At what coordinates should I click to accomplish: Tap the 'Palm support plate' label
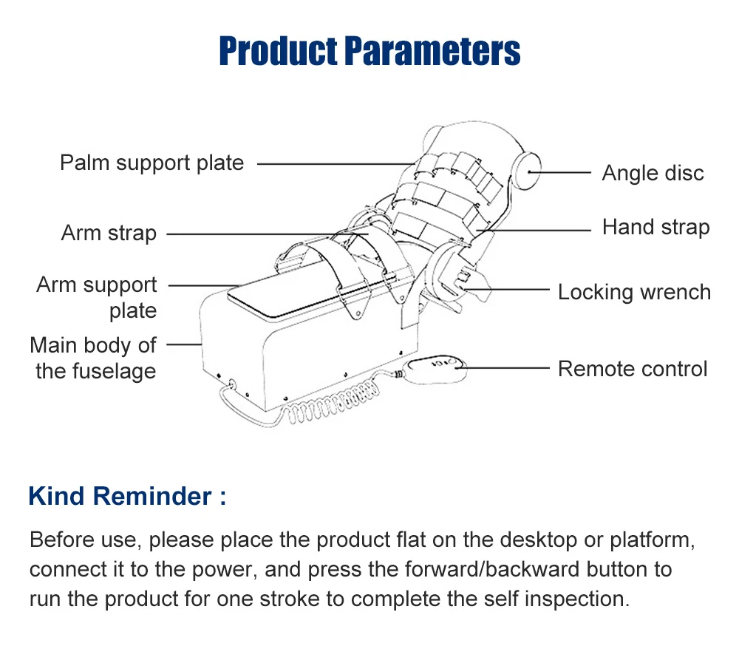click(x=151, y=162)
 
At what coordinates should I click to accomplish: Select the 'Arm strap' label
click(x=109, y=233)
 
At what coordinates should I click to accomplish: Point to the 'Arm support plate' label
click(x=97, y=297)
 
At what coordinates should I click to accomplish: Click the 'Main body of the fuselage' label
click(x=93, y=358)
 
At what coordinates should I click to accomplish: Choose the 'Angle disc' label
click(x=653, y=173)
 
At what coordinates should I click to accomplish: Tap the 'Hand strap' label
click(x=655, y=227)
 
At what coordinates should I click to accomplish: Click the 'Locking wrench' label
click(x=634, y=292)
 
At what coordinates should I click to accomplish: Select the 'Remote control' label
click(x=633, y=368)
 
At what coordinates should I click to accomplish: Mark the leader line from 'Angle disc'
click(x=565, y=173)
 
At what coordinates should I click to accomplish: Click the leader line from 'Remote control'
click(x=506, y=367)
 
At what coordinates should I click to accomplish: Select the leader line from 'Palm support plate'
click(x=333, y=163)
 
